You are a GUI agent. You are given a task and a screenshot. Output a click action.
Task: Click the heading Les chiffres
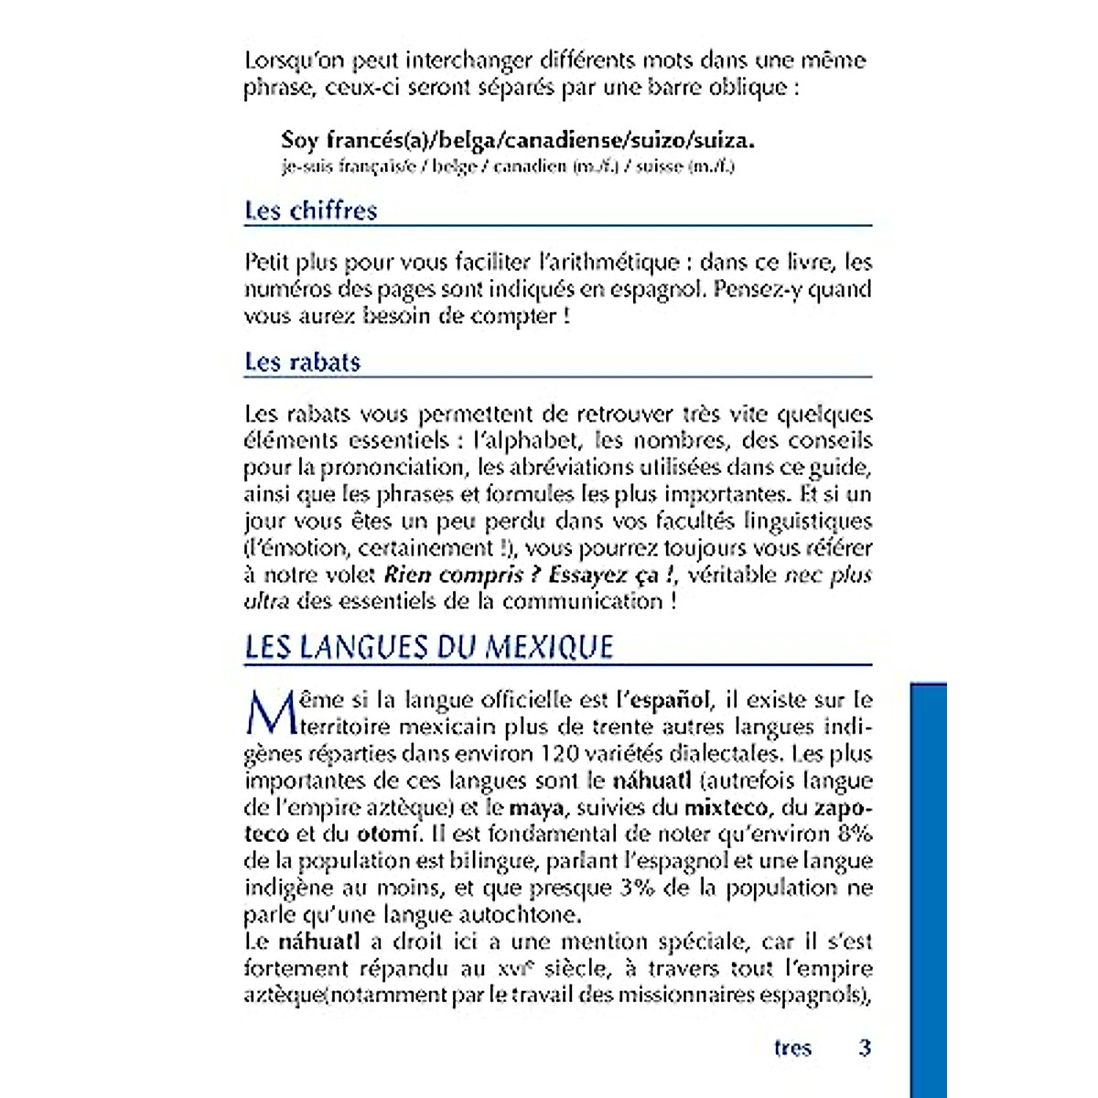tap(310, 210)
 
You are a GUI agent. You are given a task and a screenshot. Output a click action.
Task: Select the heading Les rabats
tap(302, 361)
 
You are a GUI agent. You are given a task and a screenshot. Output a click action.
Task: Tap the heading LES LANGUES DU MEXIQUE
tap(428, 647)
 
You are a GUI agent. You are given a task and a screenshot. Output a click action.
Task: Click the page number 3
tap(865, 1048)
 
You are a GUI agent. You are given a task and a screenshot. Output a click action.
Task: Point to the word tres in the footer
tap(792, 1048)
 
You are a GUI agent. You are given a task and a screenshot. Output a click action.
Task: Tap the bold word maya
tap(536, 807)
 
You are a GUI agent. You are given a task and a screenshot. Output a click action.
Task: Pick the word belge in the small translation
tap(455, 167)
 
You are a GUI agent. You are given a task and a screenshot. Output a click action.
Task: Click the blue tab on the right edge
tap(928, 888)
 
